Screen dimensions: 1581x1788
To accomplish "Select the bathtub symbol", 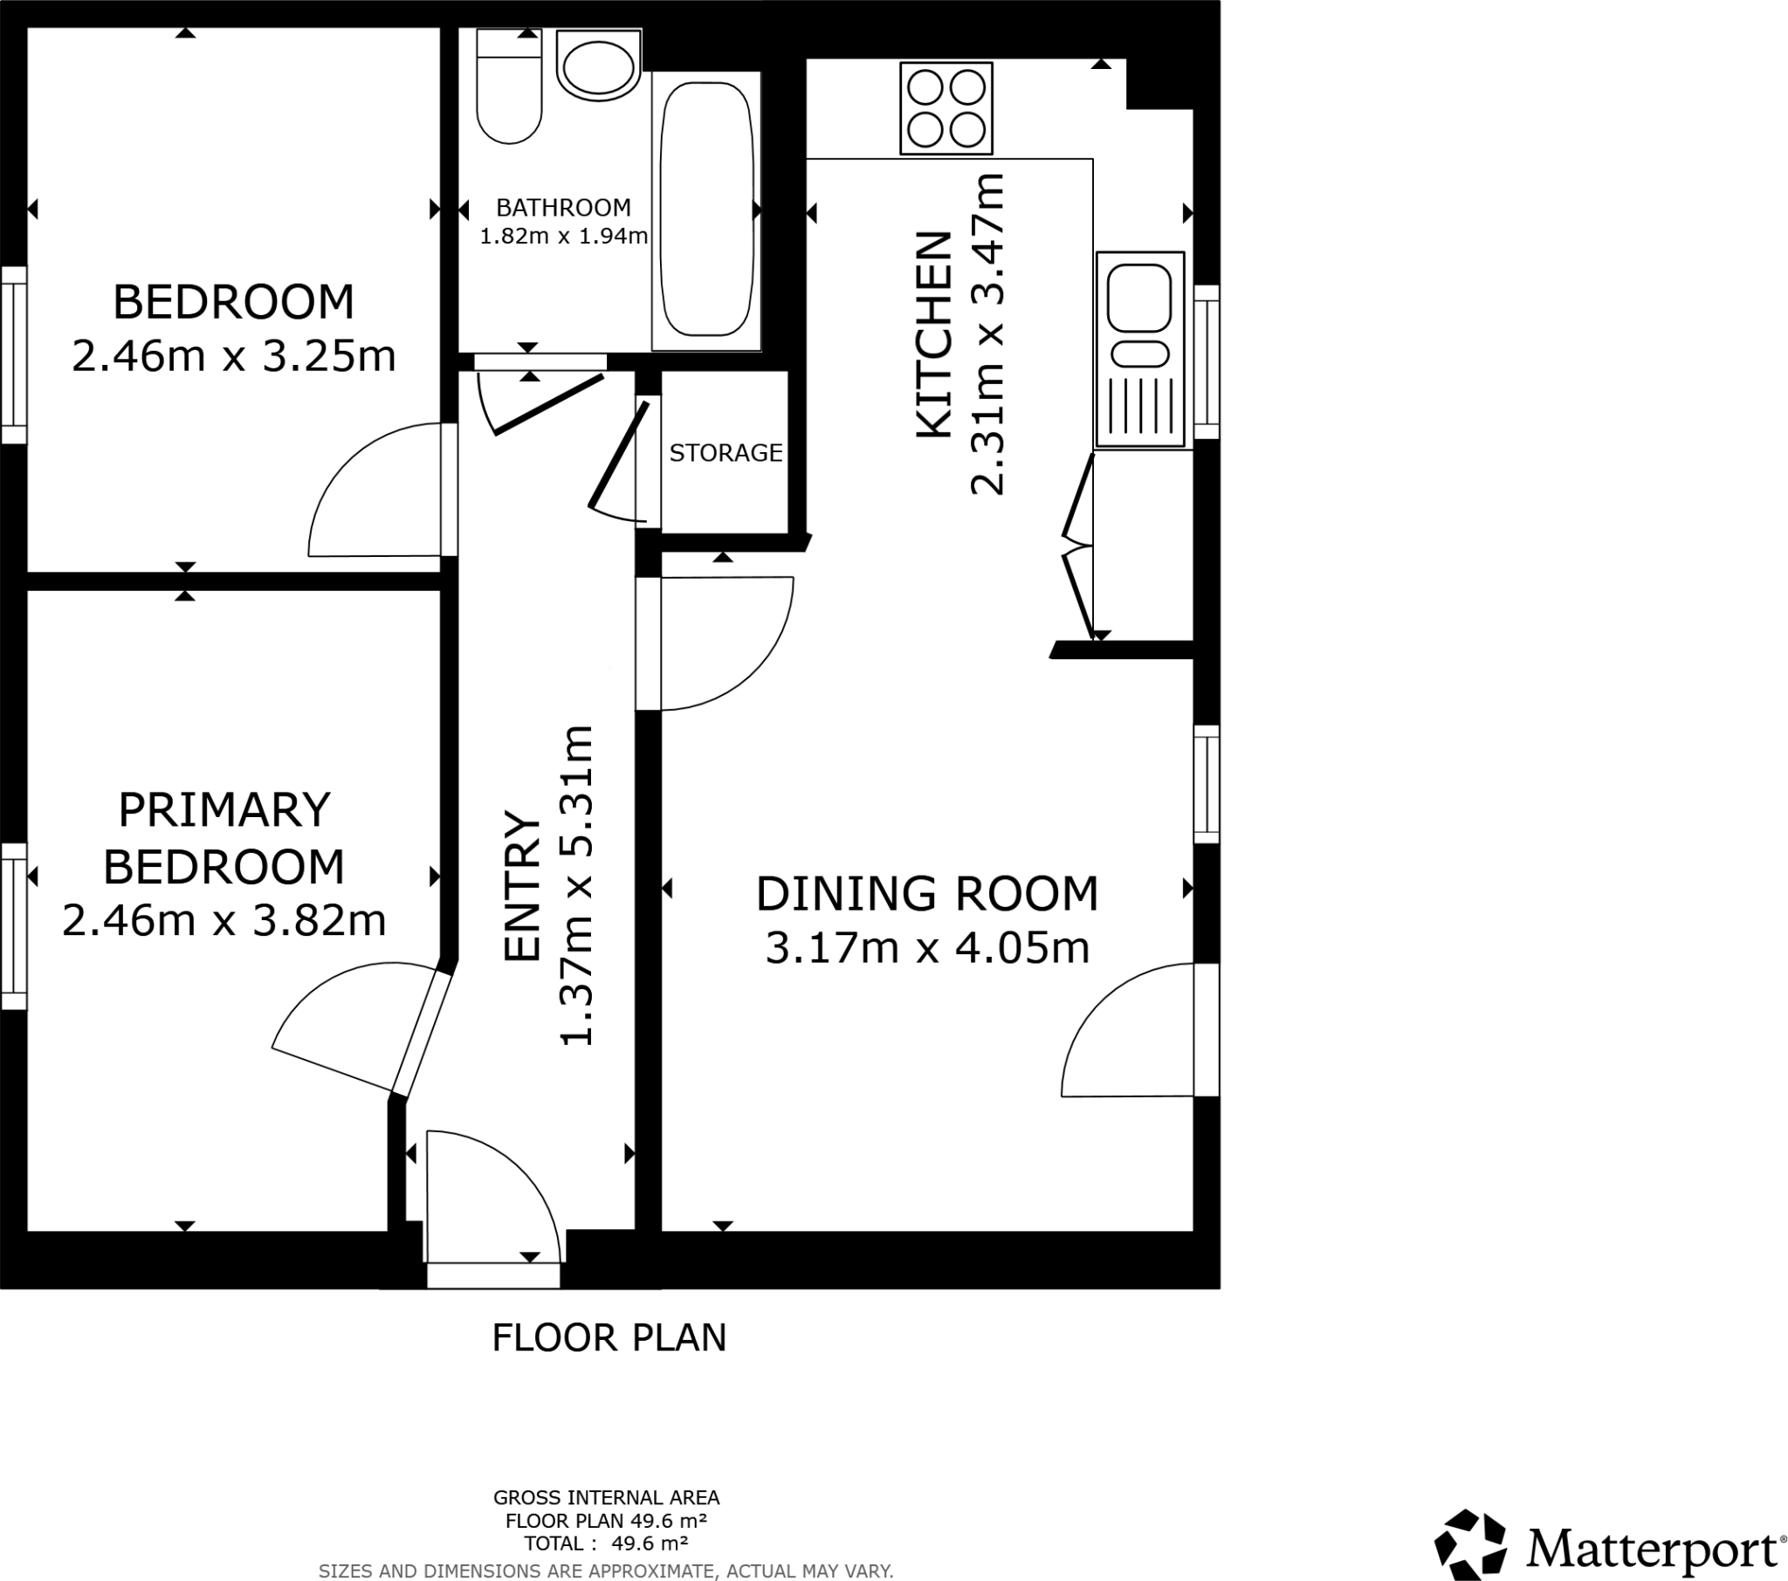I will [x=706, y=210].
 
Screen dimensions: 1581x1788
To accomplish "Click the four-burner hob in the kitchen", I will [x=946, y=109].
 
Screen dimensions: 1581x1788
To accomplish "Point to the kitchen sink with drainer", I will [x=1140, y=350].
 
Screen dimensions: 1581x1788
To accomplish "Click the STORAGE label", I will [x=726, y=453].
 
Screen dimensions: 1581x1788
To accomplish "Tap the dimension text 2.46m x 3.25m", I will [x=234, y=357].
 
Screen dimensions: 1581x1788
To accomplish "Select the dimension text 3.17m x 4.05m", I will [x=927, y=948].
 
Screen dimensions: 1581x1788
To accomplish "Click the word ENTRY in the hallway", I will [x=523, y=887].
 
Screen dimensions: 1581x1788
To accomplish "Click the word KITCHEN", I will [x=933, y=335].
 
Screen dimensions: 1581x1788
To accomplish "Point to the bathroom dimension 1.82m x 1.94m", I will [x=563, y=237].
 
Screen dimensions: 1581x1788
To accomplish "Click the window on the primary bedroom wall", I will [x=13, y=925].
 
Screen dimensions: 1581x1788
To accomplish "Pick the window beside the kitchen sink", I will [x=1207, y=361].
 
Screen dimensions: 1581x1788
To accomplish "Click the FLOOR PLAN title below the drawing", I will [x=609, y=1337].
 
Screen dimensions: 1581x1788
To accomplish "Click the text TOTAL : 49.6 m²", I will [x=605, y=1543].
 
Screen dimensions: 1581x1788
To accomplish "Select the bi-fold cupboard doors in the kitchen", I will [x=1078, y=549].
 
